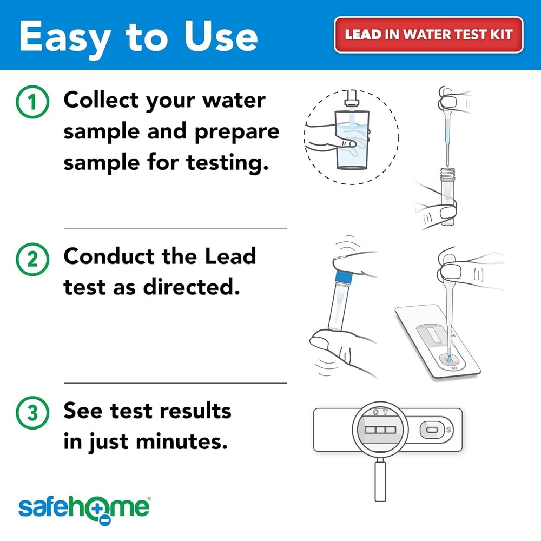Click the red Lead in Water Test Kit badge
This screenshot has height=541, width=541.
(x=428, y=35)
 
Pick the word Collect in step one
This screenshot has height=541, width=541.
(x=101, y=101)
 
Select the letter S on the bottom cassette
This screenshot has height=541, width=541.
(x=448, y=431)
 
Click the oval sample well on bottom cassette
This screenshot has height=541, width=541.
(x=432, y=431)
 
